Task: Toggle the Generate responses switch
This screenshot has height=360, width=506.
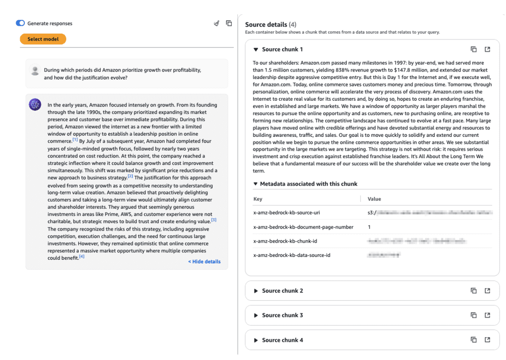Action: [x=20, y=23]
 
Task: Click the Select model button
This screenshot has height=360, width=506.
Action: [x=43, y=39]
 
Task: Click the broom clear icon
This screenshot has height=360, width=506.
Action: [x=216, y=23]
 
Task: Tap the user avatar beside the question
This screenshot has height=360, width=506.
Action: [x=35, y=71]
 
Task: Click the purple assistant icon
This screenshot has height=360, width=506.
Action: [x=35, y=104]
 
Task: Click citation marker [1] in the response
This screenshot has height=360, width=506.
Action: [x=75, y=140]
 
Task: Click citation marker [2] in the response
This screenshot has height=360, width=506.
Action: [x=130, y=176]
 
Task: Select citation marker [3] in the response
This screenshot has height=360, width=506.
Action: [x=213, y=220]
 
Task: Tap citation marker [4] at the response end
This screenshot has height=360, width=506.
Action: [x=82, y=256]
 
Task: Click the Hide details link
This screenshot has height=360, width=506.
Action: [x=204, y=262]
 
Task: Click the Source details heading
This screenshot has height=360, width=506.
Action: [x=266, y=25]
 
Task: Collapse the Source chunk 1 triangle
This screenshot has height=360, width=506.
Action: [x=255, y=49]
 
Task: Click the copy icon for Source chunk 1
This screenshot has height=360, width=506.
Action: [x=473, y=49]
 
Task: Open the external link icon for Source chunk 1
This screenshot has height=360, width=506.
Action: [x=487, y=49]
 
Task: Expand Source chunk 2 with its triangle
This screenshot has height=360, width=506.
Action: [x=255, y=291]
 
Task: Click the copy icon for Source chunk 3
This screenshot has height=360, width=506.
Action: [x=473, y=315]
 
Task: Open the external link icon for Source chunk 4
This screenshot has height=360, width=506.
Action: [x=487, y=340]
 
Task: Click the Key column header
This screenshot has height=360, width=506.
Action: [x=257, y=199]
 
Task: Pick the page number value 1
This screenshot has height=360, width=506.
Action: [x=369, y=227]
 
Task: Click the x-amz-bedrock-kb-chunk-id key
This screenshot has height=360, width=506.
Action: [x=285, y=241]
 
